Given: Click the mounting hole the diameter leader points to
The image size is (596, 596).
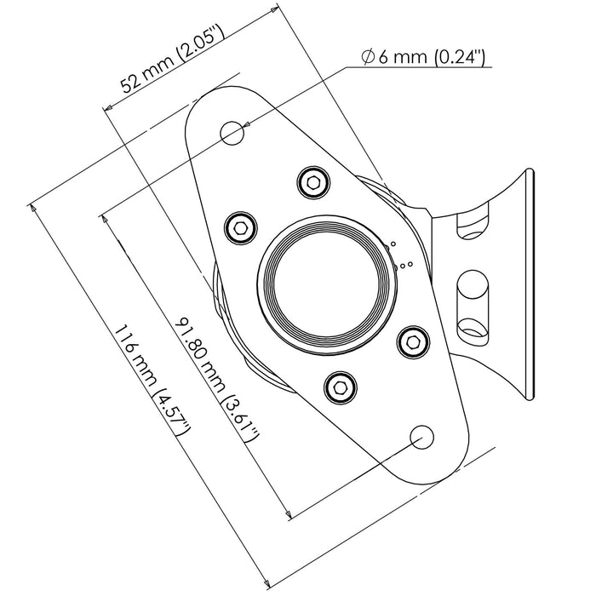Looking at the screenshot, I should pyautogui.click(x=232, y=132).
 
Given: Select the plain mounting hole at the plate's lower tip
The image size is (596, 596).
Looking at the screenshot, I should pyautogui.click(x=421, y=437).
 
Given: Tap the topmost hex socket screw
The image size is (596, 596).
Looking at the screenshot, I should pyautogui.click(x=312, y=180).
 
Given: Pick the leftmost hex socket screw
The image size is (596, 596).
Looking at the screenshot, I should pyautogui.click(x=242, y=226).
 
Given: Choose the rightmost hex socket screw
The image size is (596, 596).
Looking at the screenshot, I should pyautogui.click(x=412, y=340).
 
